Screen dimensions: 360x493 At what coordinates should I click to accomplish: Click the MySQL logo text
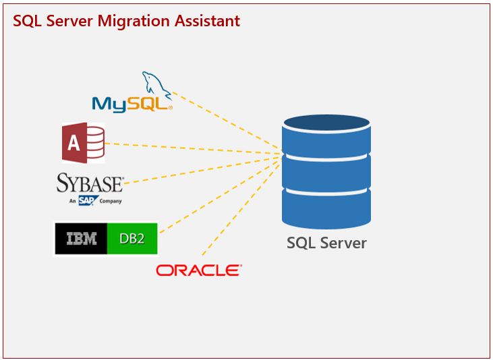[x=132, y=103]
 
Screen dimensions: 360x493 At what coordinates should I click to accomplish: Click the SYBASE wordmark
[x=90, y=183]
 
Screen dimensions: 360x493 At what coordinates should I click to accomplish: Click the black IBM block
[x=81, y=238]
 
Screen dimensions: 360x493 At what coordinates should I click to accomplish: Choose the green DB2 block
[x=132, y=238]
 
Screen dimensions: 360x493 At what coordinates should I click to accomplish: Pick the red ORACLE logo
[x=198, y=270]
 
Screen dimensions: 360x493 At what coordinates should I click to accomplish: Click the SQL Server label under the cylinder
[x=326, y=243]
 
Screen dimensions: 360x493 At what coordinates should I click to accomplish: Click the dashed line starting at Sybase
[x=202, y=169]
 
